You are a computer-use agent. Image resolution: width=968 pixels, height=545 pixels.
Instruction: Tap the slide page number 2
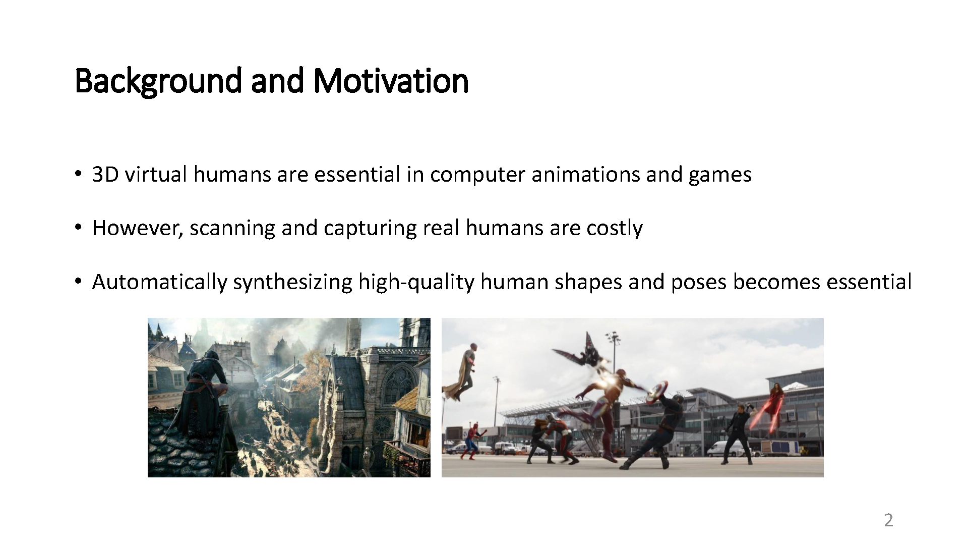tap(888, 520)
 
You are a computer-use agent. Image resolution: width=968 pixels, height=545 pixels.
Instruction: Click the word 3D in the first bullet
tap(105, 175)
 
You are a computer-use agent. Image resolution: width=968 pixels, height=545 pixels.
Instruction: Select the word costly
tap(614, 228)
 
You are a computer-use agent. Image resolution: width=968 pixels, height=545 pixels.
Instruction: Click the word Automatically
tap(159, 282)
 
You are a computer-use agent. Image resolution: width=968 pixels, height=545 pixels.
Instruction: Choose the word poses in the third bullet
tap(698, 282)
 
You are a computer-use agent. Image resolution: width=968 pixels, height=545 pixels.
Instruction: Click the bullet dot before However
tap(78, 228)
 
